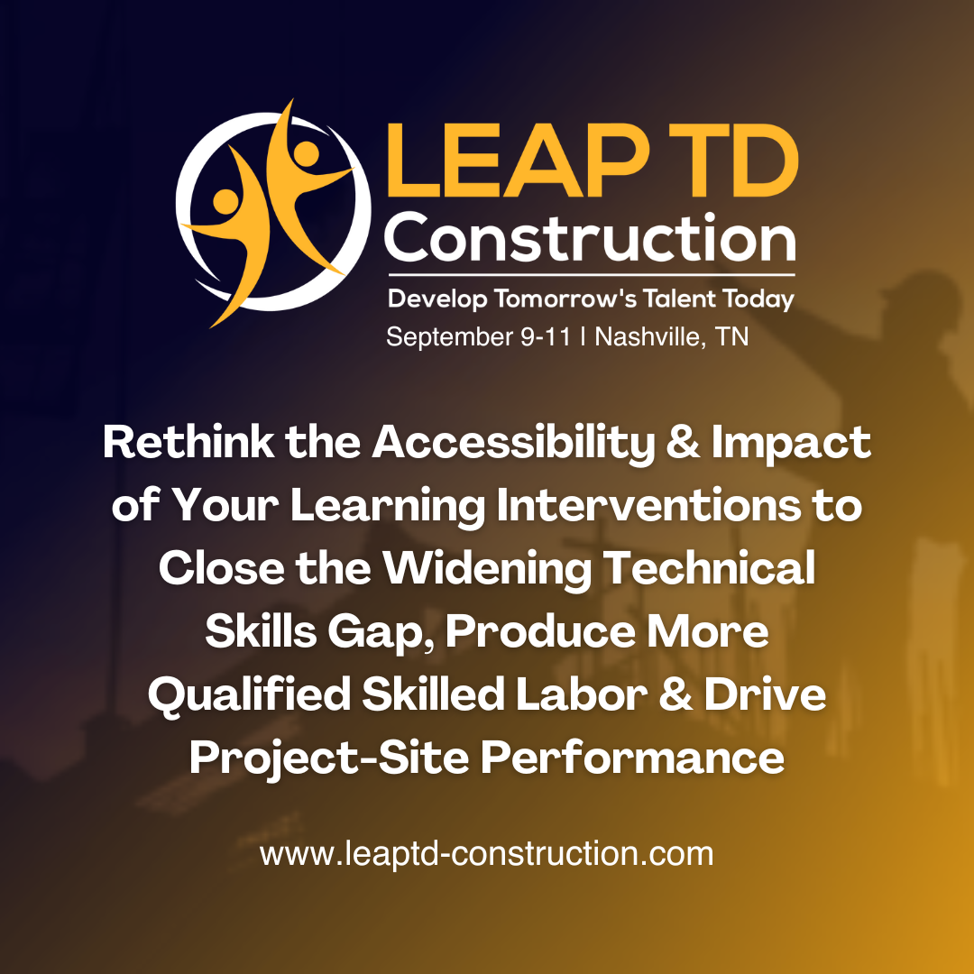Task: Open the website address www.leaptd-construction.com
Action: pos(487,853)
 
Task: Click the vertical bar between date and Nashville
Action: pos(584,337)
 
